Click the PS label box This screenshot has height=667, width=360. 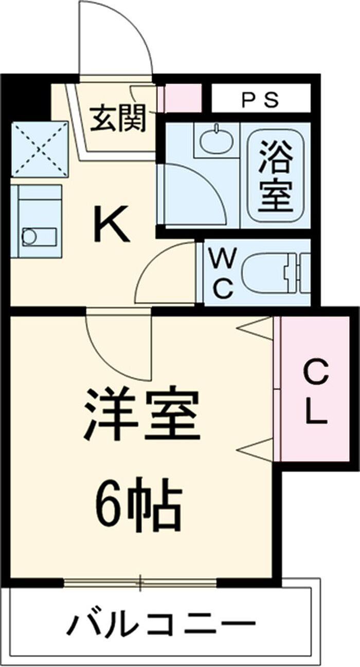coord(261,99)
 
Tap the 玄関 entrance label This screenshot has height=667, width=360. coord(119,119)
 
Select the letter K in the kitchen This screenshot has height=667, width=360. coord(111,225)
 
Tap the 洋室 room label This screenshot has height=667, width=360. coord(142,414)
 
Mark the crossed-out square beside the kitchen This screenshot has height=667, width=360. coord(40,149)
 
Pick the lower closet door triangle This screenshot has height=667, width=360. coord(256,448)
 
